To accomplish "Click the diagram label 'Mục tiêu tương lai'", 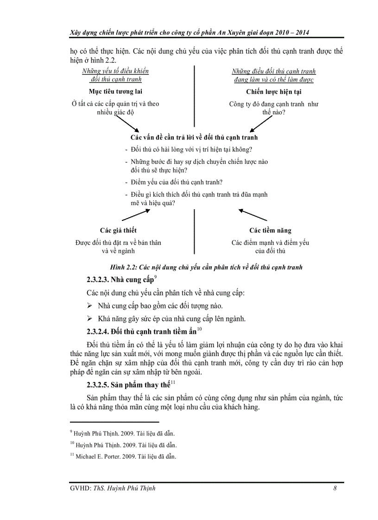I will pyautogui.click(x=115, y=92).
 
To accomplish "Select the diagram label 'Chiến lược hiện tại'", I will pyautogui.click(x=274, y=92).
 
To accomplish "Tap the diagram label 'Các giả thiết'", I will pyautogui.click(x=118, y=230).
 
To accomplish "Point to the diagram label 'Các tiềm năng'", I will pyautogui.click(x=271, y=230).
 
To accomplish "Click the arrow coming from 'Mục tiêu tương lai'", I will pyautogui.click(x=126, y=123).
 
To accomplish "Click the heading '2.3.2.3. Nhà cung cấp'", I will pyautogui.click(x=122, y=280).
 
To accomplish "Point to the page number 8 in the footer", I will pyautogui.click(x=334, y=488).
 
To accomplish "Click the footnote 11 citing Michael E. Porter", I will pyautogui.click(x=123, y=456).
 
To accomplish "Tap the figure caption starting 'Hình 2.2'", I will pyautogui.click(x=206, y=267).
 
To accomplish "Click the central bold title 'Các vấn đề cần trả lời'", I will pyautogui.click(x=194, y=138).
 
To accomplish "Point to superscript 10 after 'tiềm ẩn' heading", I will pyautogui.click(x=200, y=329).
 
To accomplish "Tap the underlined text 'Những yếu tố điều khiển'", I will pyautogui.click(x=115, y=71).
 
